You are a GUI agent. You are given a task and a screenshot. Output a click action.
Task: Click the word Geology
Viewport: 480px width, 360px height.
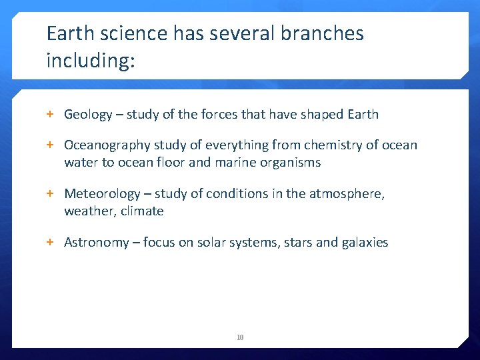[x=88, y=115]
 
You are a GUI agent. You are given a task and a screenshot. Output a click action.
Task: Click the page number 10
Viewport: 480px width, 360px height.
[x=240, y=338]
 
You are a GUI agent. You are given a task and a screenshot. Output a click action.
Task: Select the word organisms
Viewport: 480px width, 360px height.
[x=292, y=163]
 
